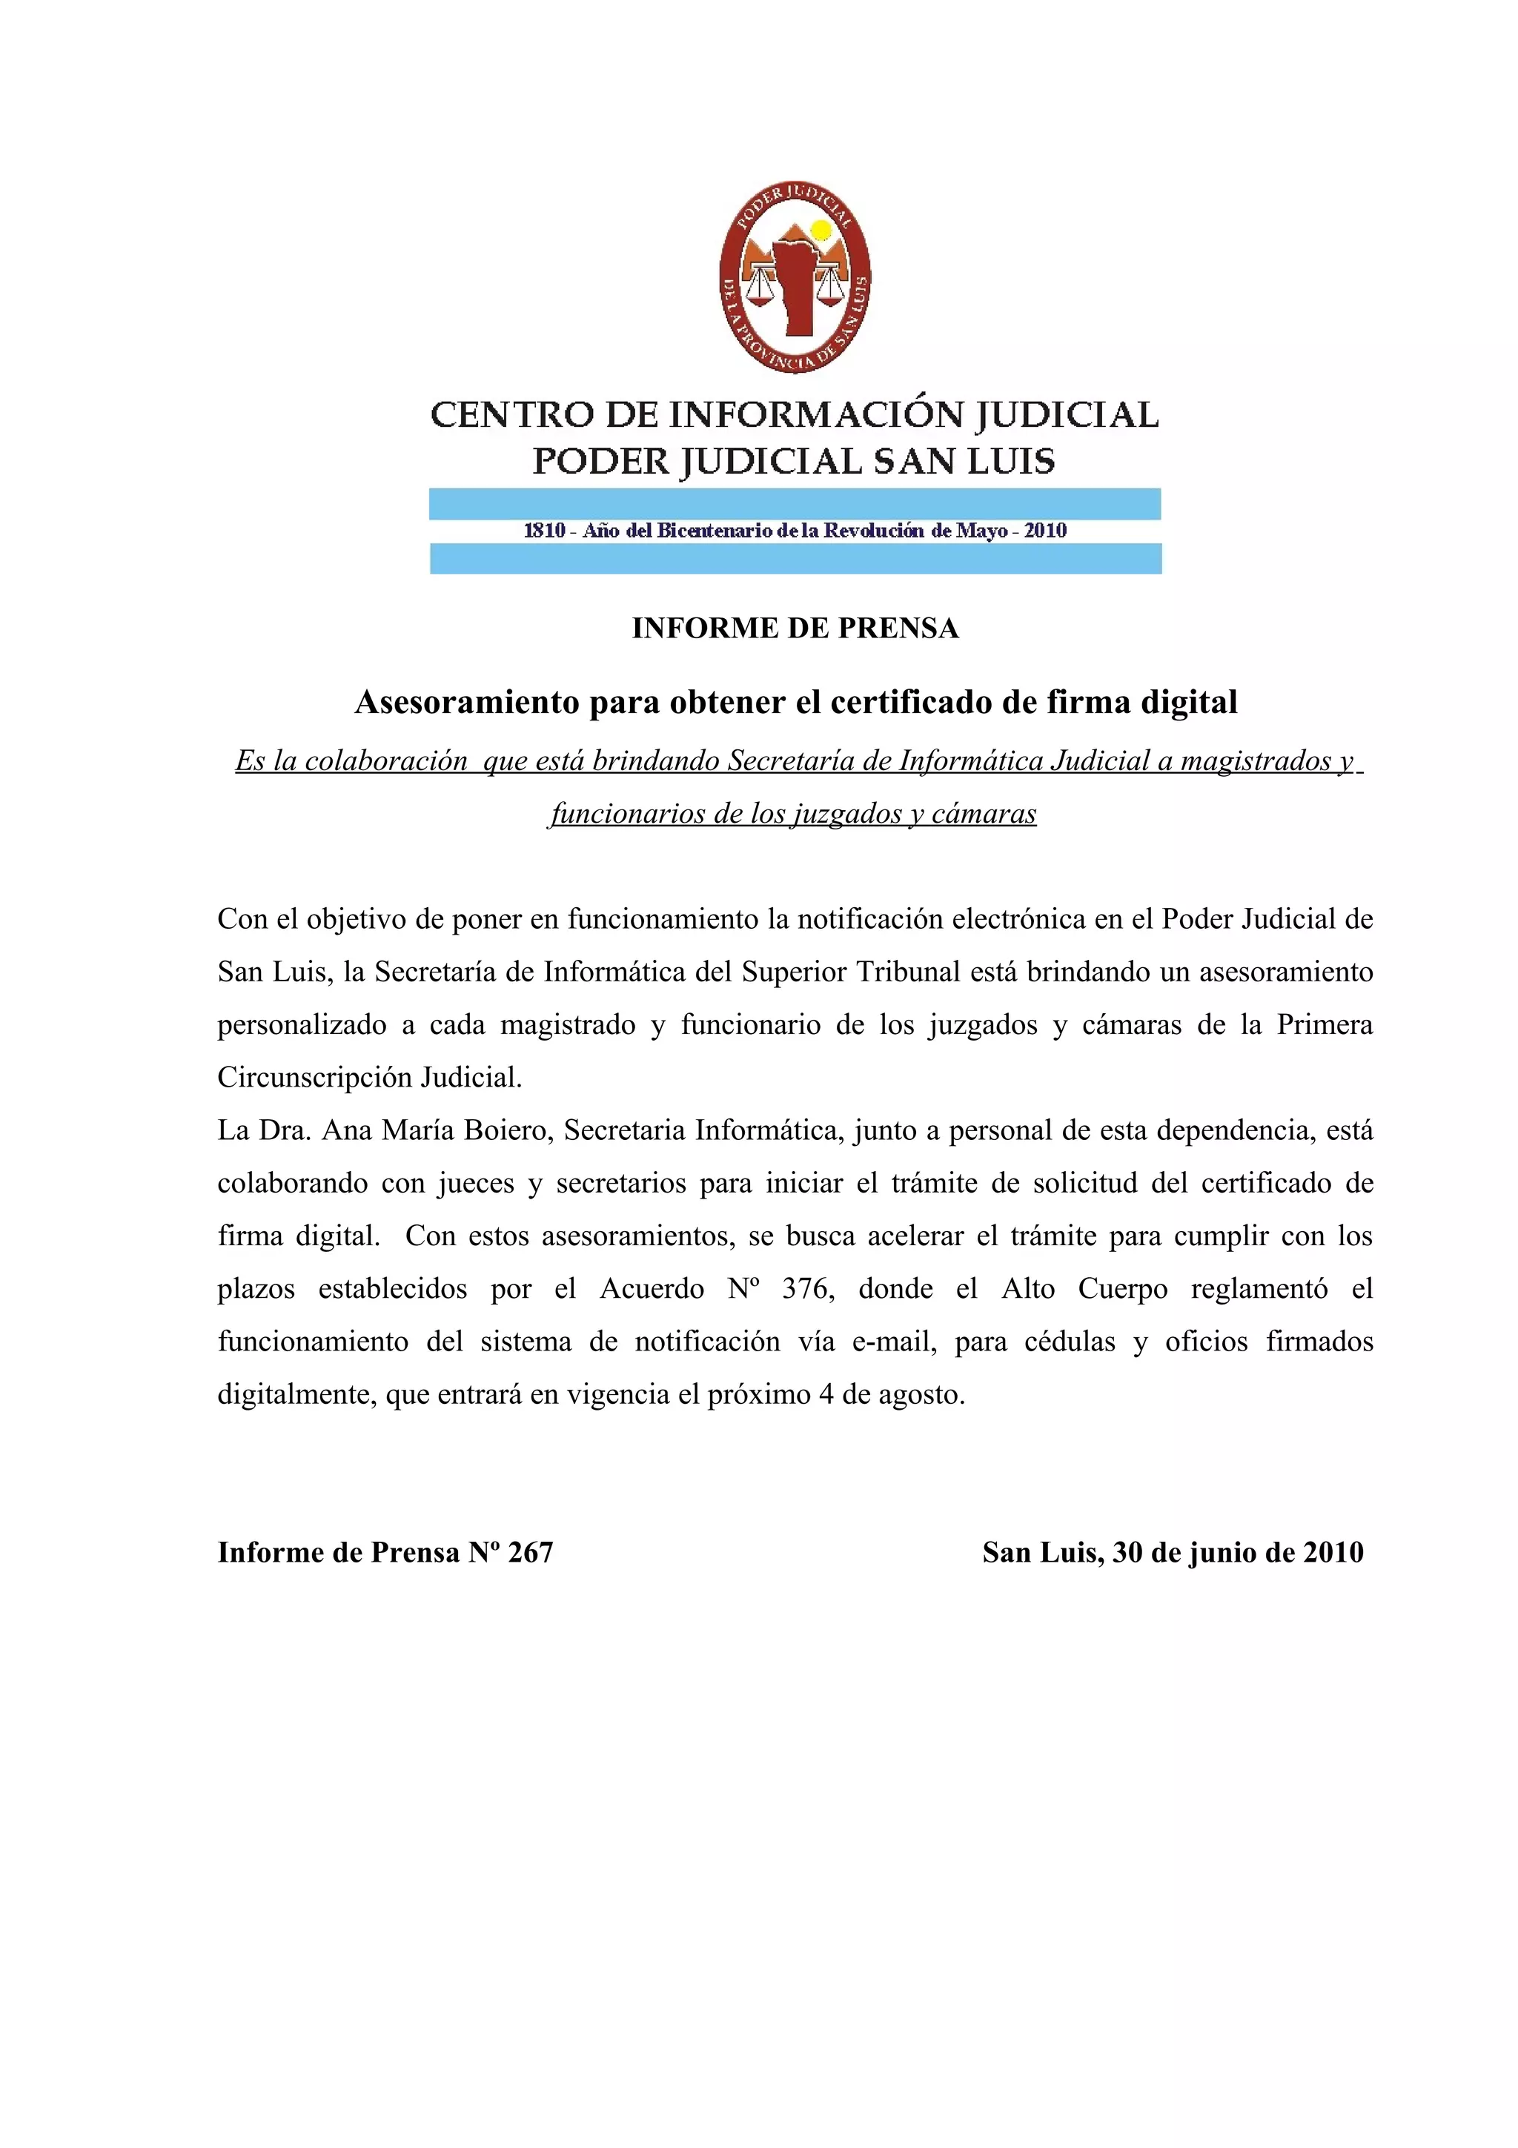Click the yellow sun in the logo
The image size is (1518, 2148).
tap(821, 230)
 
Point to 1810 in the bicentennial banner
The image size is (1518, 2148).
tap(544, 531)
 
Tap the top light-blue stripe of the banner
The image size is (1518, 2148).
tap(795, 503)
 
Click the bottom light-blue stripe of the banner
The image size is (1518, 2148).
tap(795, 559)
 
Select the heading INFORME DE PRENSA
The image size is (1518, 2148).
tap(795, 628)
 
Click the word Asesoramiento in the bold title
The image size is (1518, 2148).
tap(468, 702)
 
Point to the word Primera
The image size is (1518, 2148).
tap(1325, 1024)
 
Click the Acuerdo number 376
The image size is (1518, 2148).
tap(805, 1289)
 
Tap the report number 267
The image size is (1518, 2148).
tap(530, 1552)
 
